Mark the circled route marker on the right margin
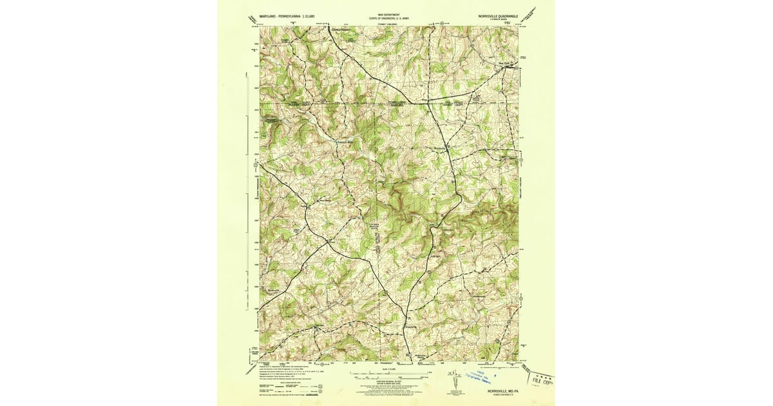522,160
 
